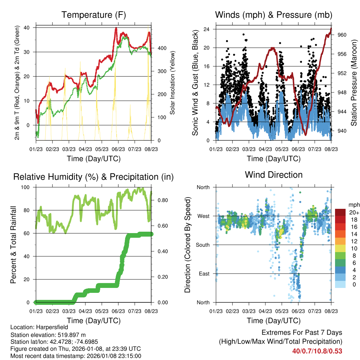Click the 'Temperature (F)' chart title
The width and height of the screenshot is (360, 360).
(94, 15)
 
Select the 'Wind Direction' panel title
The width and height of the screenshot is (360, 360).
(274, 174)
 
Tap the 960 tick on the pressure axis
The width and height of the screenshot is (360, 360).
(342, 35)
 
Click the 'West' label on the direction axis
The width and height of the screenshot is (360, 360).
(204, 216)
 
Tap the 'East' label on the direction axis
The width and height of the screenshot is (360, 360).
(204, 274)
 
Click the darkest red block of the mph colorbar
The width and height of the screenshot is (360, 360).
(340, 212)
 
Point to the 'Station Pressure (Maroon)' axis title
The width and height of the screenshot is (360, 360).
(354, 83)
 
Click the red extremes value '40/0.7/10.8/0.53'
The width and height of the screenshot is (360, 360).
(317, 351)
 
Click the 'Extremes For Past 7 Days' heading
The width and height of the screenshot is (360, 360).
(302, 333)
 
